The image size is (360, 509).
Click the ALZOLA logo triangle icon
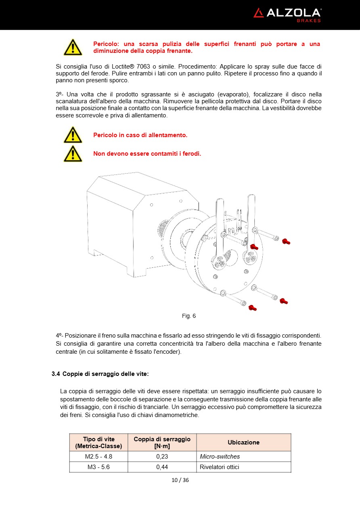coord(258,13)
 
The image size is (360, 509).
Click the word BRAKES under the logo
coord(309,21)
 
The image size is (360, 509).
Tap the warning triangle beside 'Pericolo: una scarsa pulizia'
coord(73,47)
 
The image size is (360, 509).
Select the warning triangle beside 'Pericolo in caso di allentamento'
coord(73,135)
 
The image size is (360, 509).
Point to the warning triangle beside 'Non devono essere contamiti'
coord(73,154)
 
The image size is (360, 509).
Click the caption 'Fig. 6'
coord(189,316)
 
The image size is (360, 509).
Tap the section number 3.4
coord(56,374)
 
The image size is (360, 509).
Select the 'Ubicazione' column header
coord(243,442)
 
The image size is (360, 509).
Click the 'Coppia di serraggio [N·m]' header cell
coord(162,442)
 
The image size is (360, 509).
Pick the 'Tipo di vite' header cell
coord(98,442)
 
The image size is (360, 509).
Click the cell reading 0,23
coord(162,457)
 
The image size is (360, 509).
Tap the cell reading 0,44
coord(162,467)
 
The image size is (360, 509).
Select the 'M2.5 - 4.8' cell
coord(98,457)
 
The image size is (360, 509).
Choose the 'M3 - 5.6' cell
coord(98,467)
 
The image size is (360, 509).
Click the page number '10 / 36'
coord(180,480)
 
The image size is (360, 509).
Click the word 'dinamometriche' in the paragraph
coord(179,415)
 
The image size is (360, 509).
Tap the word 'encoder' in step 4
coord(168,352)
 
